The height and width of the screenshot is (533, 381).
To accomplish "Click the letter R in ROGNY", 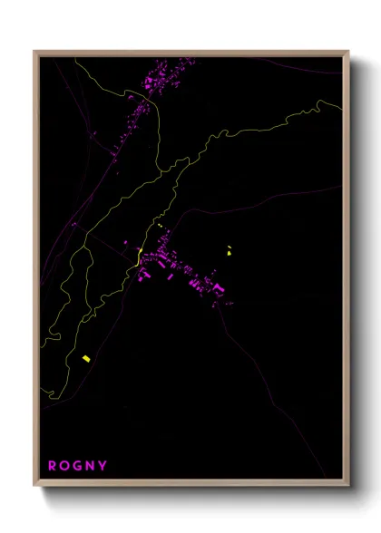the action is pos(53,466).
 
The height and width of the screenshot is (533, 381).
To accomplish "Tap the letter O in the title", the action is pos(66,466).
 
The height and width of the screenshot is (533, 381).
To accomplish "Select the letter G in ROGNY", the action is pos(79,466).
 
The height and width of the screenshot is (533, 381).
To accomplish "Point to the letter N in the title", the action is pos(92,466).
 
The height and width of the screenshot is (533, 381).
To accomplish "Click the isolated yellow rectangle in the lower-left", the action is pos(85,359).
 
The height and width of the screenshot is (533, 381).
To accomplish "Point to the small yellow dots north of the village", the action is pos(159,224).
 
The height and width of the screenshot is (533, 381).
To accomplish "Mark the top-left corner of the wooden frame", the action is pos(34,52).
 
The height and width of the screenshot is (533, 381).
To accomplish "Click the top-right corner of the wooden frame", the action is pos(348,52).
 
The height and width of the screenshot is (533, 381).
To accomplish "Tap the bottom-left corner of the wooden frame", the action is pos(34,486).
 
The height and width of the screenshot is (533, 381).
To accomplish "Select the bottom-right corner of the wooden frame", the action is pos(348,486).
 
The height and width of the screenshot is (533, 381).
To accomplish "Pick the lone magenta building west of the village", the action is pos(126,243).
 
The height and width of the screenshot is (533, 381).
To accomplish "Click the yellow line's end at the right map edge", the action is pos(342,106).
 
